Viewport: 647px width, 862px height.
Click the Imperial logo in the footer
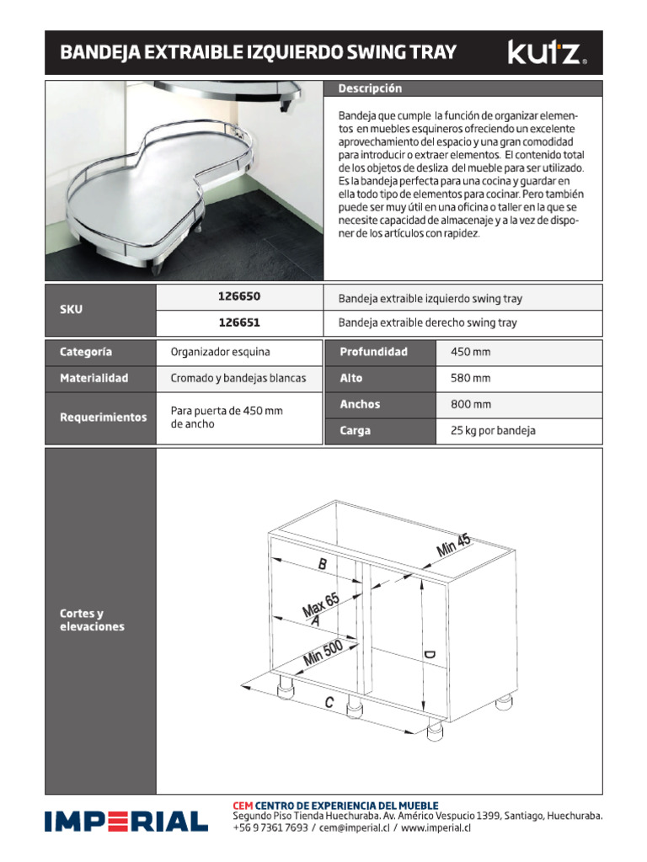pos(126,822)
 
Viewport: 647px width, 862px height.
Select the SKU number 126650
pos(239,298)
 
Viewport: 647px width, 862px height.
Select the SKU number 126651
pos(239,323)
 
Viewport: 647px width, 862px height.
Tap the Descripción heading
pos(371,88)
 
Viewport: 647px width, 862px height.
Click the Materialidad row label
pos(94,379)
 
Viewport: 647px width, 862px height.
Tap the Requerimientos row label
pos(103,418)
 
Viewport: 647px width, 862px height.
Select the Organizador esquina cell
pos(220,352)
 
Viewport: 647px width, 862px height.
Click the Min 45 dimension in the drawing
pos(454,545)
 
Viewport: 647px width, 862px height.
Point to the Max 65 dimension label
pos(320,604)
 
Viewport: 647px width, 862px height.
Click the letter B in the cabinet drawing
pos(322,566)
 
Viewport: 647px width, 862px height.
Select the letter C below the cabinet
pos(329,702)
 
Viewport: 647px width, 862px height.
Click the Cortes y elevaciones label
pos(92,620)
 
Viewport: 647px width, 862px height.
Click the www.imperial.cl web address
pos(436,828)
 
